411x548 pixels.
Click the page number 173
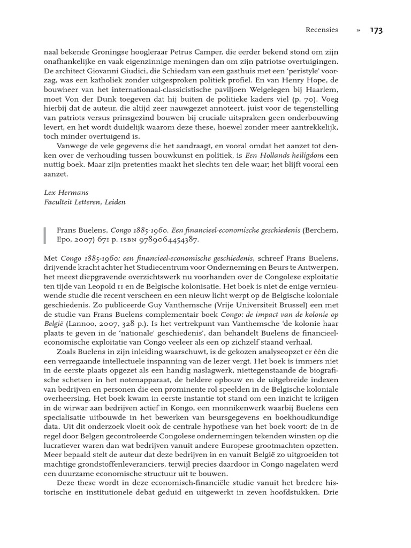point(376,31)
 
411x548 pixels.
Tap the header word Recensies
point(321,31)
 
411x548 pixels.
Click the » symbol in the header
point(357,31)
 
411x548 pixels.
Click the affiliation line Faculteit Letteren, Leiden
point(85,202)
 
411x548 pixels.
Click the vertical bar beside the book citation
point(45,235)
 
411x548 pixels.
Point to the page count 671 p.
point(107,240)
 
